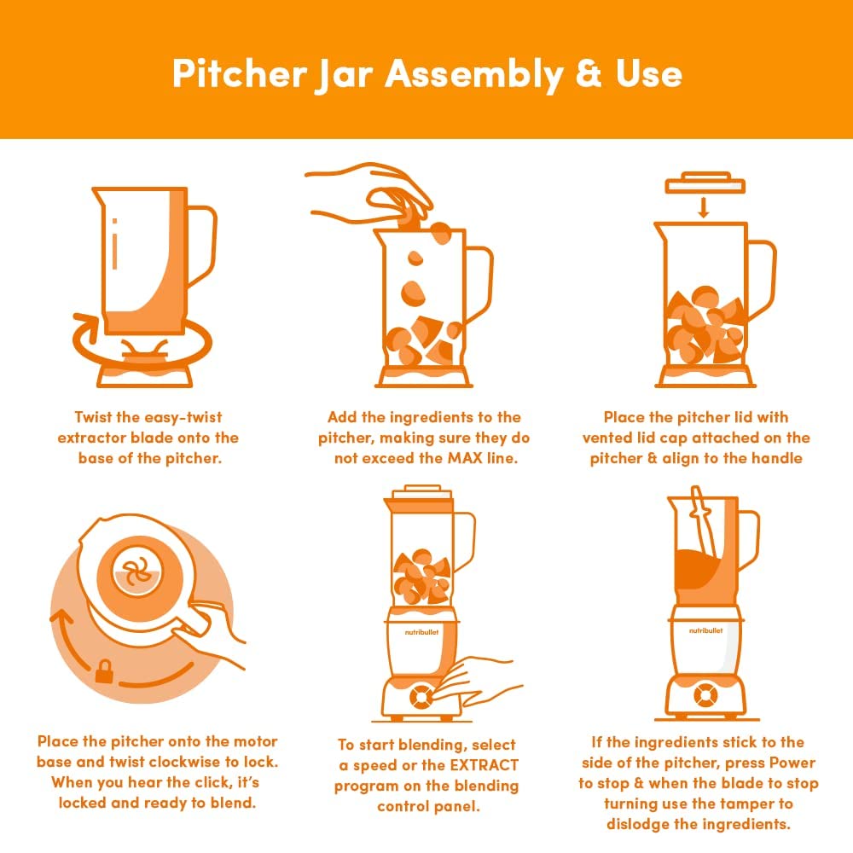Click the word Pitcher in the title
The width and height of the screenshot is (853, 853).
[240, 73]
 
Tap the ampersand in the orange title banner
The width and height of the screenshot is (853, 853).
[588, 73]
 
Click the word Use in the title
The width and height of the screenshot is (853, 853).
[649, 73]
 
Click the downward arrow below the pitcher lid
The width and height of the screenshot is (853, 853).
[704, 207]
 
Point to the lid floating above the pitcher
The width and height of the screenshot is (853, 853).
[705, 183]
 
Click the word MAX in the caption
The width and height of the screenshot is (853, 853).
[465, 458]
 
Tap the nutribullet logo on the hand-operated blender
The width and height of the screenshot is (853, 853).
[421, 632]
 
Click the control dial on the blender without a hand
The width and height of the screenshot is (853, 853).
[705, 695]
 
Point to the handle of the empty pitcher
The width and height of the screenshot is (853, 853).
[202, 246]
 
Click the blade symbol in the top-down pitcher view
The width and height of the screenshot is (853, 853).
[136, 573]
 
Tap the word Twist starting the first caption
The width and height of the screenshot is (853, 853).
[94, 417]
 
